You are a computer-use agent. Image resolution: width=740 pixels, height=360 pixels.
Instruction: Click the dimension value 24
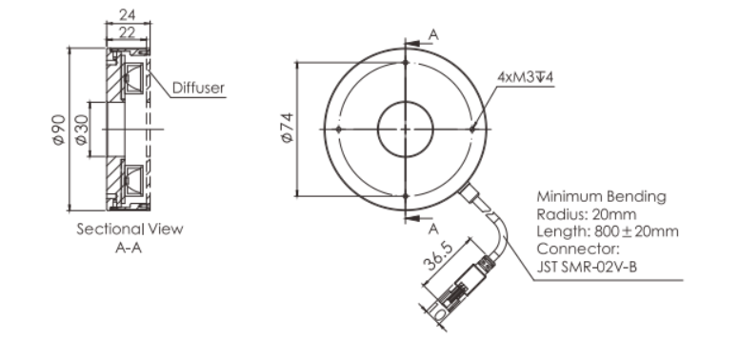click(128, 14)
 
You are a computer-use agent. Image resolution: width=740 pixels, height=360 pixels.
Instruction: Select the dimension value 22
click(128, 32)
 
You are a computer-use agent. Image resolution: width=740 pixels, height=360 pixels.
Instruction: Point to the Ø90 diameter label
click(59, 130)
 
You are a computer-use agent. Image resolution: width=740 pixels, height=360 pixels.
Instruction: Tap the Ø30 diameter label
click(81, 130)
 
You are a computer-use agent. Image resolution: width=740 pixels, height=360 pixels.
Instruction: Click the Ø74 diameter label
click(288, 128)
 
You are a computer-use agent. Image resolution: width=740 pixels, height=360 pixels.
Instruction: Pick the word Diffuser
click(198, 88)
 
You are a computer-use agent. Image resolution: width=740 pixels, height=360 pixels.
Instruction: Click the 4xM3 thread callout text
click(525, 76)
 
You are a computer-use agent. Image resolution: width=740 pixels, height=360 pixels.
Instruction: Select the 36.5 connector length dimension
click(440, 256)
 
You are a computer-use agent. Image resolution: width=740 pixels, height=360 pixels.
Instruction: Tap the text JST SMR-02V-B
click(587, 267)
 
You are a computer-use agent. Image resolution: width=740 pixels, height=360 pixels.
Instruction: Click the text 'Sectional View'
click(130, 229)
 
